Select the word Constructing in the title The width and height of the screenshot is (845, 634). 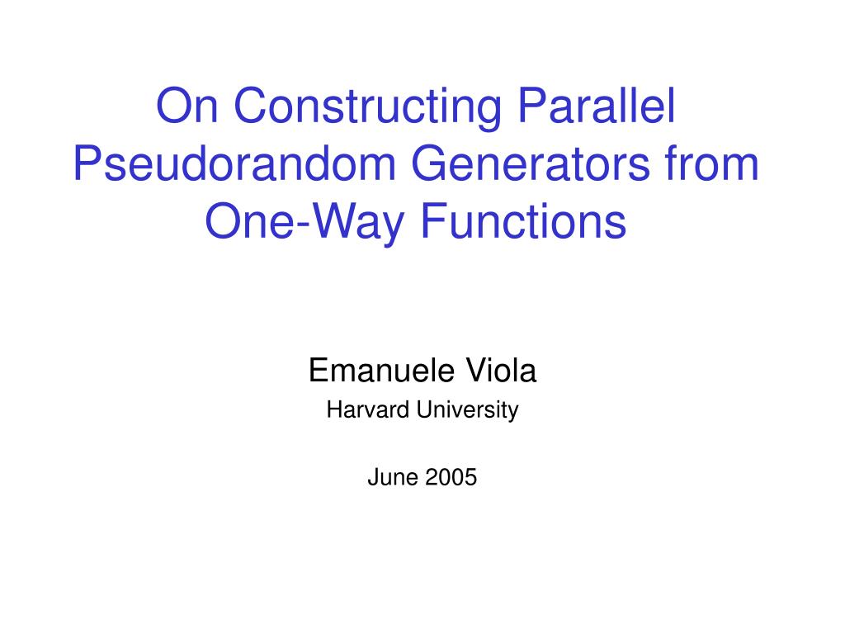click(367, 110)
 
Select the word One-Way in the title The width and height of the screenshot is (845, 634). click(304, 224)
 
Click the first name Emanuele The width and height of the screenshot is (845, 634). click(381, 371)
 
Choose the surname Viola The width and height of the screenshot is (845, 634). click(501, 371)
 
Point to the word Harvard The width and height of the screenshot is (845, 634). click(368, 409)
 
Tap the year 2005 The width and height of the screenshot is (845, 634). click(451, 477)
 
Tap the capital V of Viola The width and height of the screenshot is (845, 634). click(477, 371)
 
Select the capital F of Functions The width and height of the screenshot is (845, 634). click(434, 221)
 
